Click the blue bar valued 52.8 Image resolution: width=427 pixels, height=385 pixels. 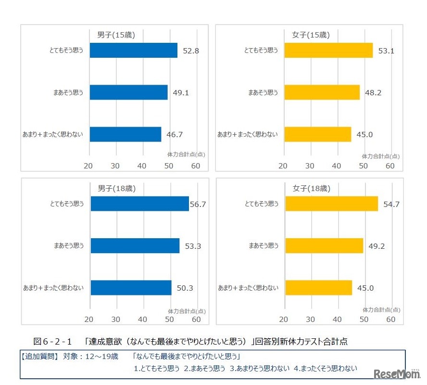[133, 50]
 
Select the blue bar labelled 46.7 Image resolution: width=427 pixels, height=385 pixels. [125, 134]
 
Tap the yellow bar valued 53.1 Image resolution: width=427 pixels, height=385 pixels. [328, 50]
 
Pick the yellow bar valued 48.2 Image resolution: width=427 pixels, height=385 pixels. [322, 92]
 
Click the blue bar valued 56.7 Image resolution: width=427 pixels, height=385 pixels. [139, 204]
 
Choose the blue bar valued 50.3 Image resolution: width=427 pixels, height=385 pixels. [131, 288]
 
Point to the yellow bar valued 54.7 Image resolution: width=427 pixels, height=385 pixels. [331, 204]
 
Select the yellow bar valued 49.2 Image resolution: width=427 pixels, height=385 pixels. [324, 246]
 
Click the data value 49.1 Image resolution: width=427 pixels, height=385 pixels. [181, 92]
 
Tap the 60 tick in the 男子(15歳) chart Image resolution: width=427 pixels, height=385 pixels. [196, 166]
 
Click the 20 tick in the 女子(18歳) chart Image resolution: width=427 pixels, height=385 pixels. [284, 319]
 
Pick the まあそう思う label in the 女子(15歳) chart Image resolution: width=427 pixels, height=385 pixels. [263, 92]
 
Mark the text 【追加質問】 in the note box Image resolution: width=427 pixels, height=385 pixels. [40, 357]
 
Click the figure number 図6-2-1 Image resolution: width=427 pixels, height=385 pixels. [52, 341]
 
